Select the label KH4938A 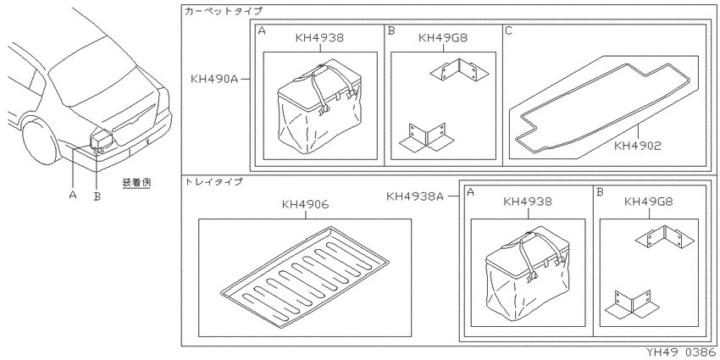click(415, 197)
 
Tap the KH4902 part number click(638, 147)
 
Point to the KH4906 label click(305, 205)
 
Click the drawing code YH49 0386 click(681, 352)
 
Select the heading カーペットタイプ click(223, 11)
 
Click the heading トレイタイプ click(213, 181)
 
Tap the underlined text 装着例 click(136, 182)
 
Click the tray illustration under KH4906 click(305, 278)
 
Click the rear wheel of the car click(41, 141)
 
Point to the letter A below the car click(73, 195)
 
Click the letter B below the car click(97, 196)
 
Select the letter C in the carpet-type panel click(509, 30)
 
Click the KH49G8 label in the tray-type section click(648, 201)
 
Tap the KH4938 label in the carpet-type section click(319, 37)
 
